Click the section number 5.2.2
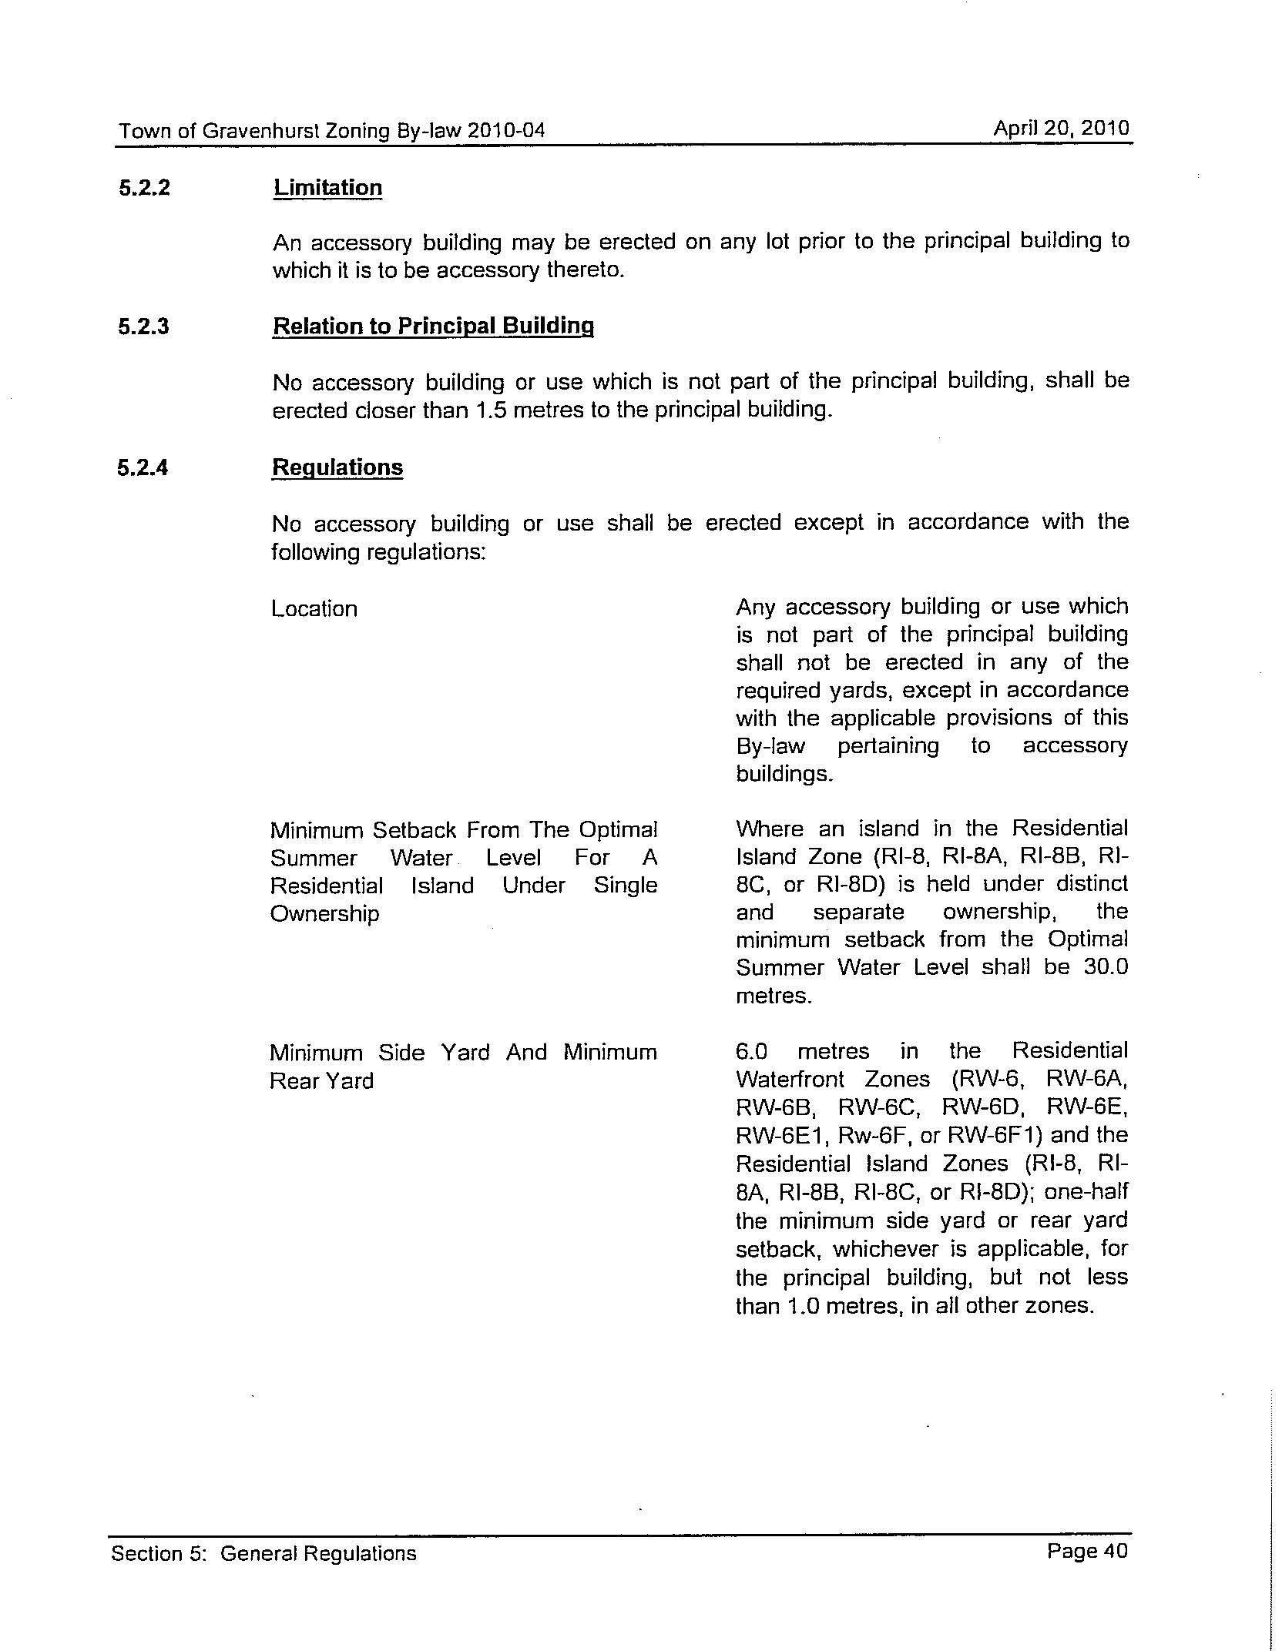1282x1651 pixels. [x=144, y=188]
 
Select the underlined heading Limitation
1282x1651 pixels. [x=327, y=188]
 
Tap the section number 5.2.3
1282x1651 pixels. [x=144, y=327]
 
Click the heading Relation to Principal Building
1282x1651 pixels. [x=433, y=327]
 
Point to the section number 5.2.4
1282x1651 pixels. [x=143, y=467]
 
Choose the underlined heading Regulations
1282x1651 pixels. [x=337, y=467]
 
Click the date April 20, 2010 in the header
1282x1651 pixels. [x=1061, y=128]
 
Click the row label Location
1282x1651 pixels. [x=314, y=609]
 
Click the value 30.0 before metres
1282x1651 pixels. [x=1106, y=967]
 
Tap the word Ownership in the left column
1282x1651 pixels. [x=324, y=914]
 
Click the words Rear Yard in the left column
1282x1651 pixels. [x=321, y=1081]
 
